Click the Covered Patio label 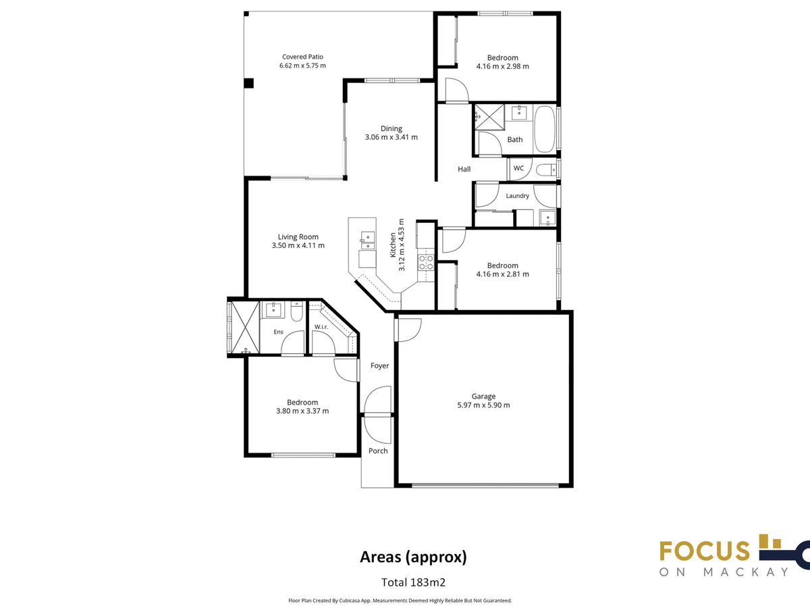point(302,57)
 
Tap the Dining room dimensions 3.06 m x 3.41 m point(391,137)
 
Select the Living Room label point(298,237)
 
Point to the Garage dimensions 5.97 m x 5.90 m point(483,405)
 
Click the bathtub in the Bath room point(545,129)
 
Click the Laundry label point(517,196)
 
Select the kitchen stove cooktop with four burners point(425,263)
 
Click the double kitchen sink point(368,240)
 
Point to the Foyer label point(380,365)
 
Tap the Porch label point(378,451)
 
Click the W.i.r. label point(321,327)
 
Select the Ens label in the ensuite point(278,332)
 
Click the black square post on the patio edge point(248,83)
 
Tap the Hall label point(464,169)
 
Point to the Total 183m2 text point(413,582)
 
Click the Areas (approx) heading point(413,557)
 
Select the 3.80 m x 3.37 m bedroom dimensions point(302,411)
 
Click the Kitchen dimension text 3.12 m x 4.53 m point(402,245)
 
